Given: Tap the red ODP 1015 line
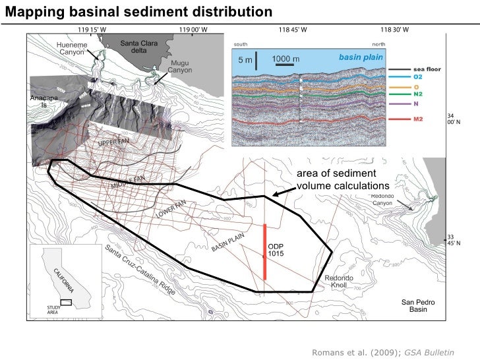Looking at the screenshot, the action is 265,253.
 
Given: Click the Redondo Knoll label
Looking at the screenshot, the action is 340,282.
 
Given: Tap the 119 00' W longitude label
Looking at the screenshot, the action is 193,30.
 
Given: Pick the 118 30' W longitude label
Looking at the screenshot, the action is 394,30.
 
